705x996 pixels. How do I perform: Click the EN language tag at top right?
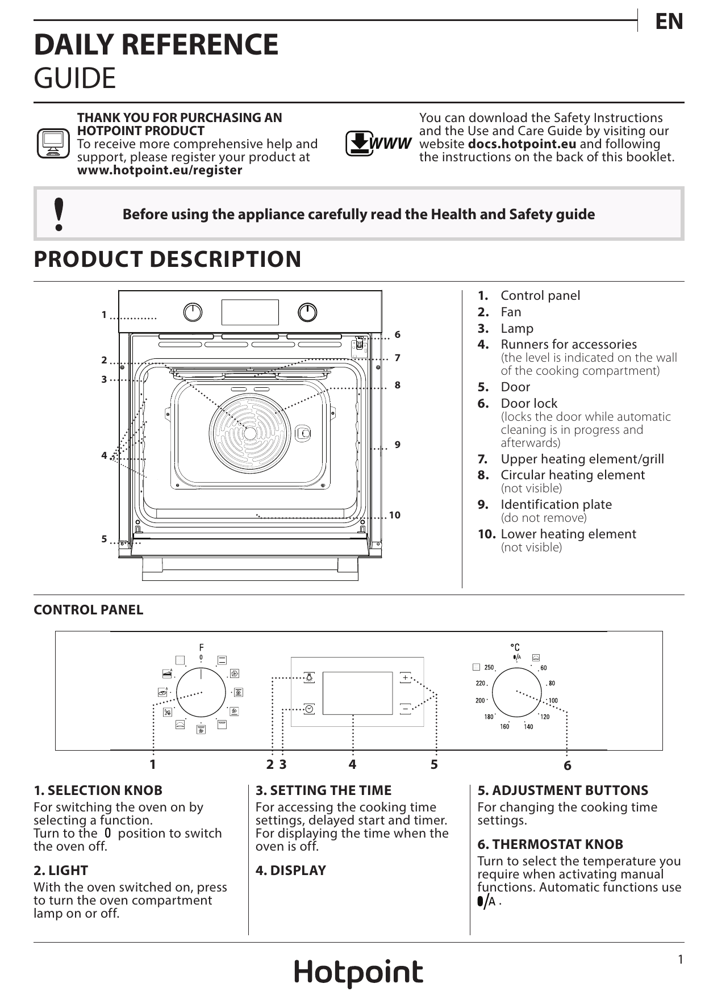[669, 22]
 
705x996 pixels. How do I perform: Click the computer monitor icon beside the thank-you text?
[53, 143]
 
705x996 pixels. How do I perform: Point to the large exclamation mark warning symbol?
[58, 214]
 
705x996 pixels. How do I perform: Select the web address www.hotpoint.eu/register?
[160, 170]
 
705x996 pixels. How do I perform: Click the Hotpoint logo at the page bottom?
[358, 973]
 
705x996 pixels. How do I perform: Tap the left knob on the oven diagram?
[193, 312]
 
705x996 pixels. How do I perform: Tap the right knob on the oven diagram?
[307, 312]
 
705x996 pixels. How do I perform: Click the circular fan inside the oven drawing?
[250, 433]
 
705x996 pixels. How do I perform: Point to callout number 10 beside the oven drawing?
[395, 516]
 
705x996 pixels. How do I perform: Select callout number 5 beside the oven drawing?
[104, 539]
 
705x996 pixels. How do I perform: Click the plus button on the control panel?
[405, 677]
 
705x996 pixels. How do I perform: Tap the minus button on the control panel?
[405, 709]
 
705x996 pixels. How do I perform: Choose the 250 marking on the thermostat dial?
[489, 668]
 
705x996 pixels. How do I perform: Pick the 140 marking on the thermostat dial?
[528, 727]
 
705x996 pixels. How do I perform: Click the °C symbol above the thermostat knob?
[515, 647]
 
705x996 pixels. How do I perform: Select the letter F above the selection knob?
[201, 647]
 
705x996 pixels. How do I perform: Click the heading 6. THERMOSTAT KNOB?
[550, 844]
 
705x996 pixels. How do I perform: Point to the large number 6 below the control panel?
[568, 766]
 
